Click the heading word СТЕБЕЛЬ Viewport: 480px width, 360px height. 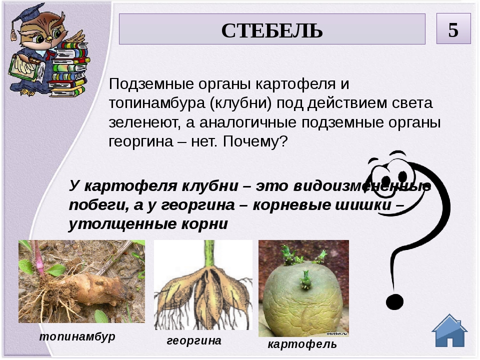coord(272,30)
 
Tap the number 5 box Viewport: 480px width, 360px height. coord(453,28)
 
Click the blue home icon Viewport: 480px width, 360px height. coord(449,330)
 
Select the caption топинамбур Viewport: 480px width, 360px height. coord(77,336)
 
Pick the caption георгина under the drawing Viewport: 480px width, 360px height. coord(194,340)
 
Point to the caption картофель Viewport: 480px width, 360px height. coord(302,344)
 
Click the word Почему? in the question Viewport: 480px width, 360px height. coord(255,141)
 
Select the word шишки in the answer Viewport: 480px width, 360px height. coord(363,205)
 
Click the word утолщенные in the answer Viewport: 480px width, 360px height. coord(122,224)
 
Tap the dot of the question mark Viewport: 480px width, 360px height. coord(394,302)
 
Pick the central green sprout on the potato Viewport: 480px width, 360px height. coord(305,279)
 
